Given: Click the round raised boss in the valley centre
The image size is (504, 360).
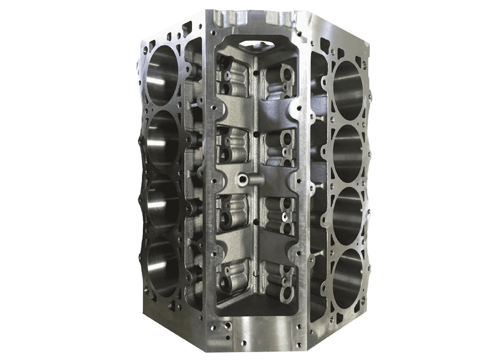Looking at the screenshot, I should pos(241,180).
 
